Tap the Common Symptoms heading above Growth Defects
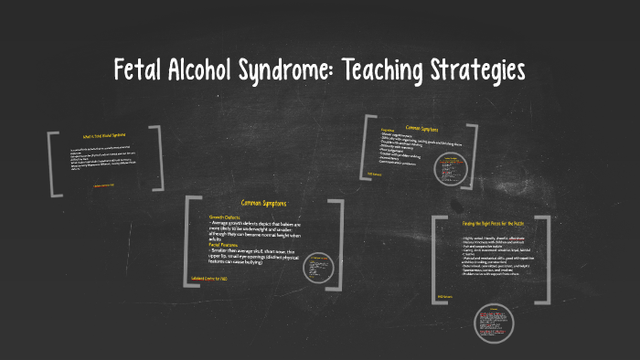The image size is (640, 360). [x=265, y=203]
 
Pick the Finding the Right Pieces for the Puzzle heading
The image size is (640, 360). [x=491, y=222]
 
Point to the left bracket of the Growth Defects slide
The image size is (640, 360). [x=189, y=237]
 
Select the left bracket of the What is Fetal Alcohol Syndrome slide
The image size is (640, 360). [x=52, y=163]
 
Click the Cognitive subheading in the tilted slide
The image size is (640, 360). [x=389, y=130]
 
